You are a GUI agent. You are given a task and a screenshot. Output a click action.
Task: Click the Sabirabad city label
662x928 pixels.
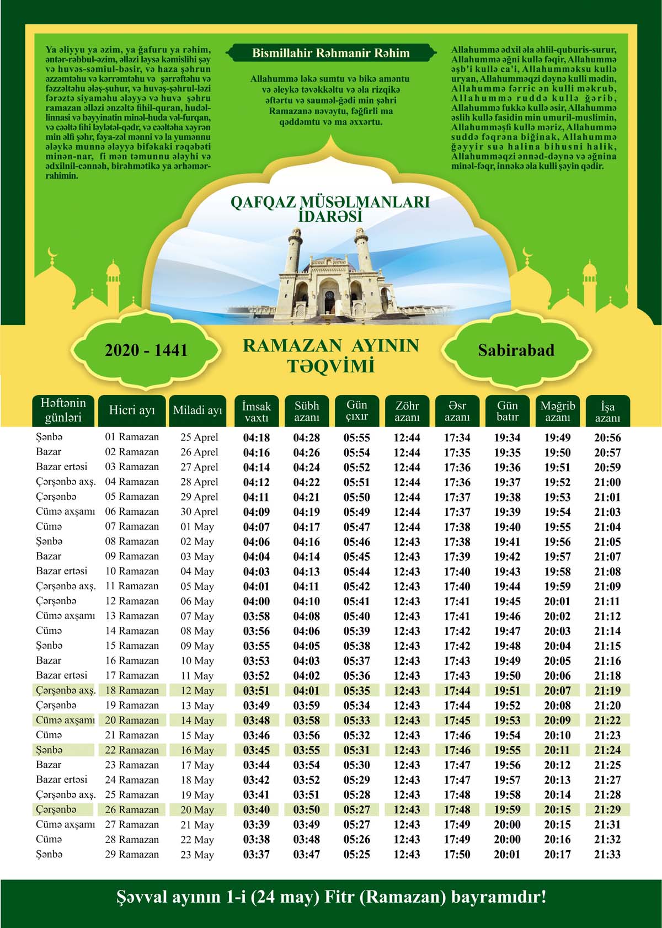tap(516, 350)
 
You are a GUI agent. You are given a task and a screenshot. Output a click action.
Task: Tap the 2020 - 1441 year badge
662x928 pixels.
tap(146, 350)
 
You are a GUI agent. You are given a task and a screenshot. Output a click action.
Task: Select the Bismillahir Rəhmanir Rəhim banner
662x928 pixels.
tap(331, 54)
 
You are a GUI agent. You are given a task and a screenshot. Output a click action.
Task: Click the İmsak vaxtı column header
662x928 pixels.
tap(257, 412)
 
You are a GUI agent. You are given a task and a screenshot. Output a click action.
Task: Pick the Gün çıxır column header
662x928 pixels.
tap(357, 411)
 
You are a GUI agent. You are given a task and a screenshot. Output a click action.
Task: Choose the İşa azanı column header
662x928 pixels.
tap(607, 412)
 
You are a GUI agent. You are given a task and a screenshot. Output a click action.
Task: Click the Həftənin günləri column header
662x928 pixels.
tap(63, 411)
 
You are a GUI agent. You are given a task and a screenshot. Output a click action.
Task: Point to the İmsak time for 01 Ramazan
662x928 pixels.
tap(257, 438)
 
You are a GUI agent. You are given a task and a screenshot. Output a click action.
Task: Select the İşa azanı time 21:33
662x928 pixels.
tap(607, 855)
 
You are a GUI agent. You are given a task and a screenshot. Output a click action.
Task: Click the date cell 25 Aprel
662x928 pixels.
tap(199, 438)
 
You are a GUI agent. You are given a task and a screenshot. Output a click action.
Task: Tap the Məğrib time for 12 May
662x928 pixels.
tap(557, 691)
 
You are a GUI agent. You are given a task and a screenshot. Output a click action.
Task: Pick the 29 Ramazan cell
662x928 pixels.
tap(132, 855)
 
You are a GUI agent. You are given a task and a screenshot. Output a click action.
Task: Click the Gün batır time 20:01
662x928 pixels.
tap(507, 855)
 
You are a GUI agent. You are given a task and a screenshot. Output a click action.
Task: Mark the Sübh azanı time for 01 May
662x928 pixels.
tap(306, 527)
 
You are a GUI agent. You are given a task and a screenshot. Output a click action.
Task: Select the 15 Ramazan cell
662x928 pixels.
tap(132, 646)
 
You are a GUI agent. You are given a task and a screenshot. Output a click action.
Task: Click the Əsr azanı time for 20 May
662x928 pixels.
tap(457, 810)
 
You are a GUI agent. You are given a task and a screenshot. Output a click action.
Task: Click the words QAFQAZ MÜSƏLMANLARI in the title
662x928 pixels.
tap(330, 202)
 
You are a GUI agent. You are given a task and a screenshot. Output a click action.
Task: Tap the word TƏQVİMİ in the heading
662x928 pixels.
tap(330, 366)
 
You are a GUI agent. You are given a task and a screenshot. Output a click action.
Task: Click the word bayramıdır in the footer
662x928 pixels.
tap(499, 897)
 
